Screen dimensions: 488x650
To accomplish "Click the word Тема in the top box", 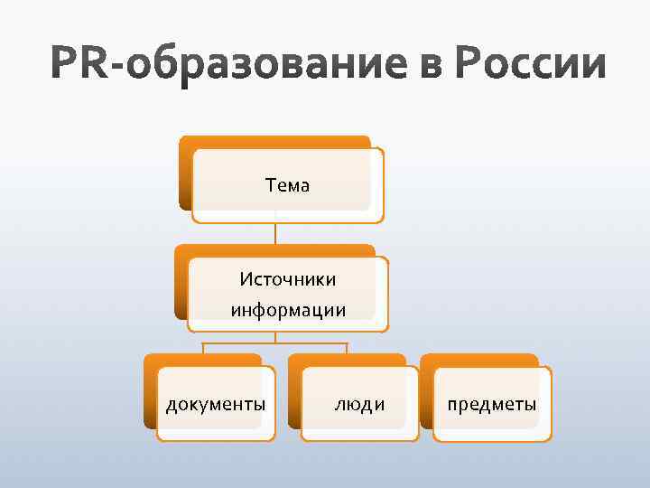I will click(x=287, y=185).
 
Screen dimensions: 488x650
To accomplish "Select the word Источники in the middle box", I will click(x=287, y=279).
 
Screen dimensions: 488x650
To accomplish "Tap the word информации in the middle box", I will click(x=287, y=310).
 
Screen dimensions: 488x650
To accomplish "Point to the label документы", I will click(x=216, y=404).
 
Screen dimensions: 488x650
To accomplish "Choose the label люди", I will click(x=359, y=404).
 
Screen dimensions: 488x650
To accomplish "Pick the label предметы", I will click(x=492, y=404).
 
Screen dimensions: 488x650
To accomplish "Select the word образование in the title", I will click(x=273, y=67).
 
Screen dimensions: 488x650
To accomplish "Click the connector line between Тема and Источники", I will click(x=275, y=233).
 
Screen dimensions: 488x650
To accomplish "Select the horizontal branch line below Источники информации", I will click(x=275, y=343).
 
